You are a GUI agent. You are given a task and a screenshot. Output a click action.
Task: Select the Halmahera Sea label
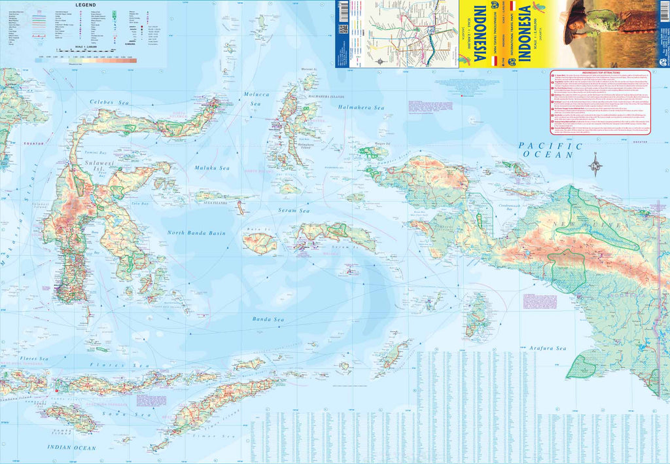click(x=361, y=107)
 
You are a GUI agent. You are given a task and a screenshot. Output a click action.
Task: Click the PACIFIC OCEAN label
click(x=549, y=150)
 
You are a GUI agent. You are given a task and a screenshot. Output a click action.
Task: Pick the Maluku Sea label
click(x=210, y=168)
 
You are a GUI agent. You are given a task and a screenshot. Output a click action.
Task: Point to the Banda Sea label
click(x=268, y=319)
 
